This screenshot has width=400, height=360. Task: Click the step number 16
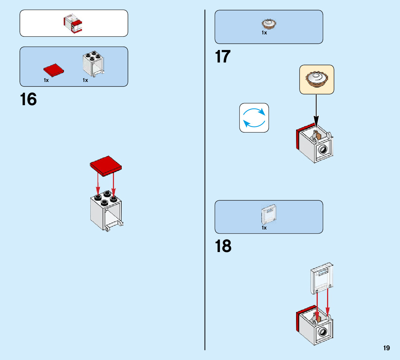point(28,99)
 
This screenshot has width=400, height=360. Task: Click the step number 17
point(223,57)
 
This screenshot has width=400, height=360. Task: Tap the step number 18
point(223,246)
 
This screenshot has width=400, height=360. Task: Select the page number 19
point(386,348)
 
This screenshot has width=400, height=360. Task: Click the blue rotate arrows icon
point(254,118)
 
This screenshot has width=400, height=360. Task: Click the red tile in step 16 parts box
point(54,70)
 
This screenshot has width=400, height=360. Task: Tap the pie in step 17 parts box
point(269,24)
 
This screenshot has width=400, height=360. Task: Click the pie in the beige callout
point(317,79)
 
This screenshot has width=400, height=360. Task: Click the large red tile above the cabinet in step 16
point(106,165)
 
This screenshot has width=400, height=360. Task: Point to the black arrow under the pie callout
point(316,109)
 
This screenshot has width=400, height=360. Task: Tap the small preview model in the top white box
point(73,23)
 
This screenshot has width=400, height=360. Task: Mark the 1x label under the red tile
point(46,80)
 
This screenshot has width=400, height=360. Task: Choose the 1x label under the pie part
point(264,33)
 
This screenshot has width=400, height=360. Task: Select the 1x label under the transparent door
point(264,228)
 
